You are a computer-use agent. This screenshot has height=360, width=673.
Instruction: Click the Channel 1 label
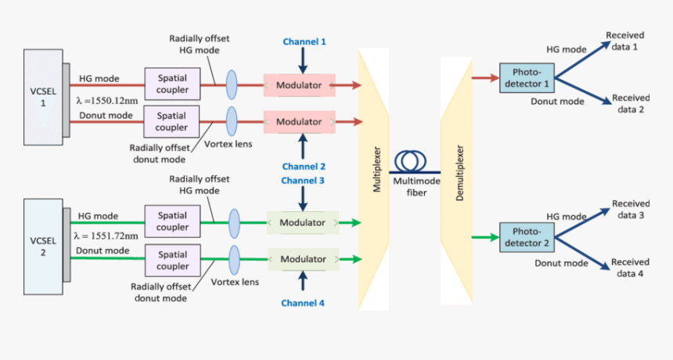point(304,41)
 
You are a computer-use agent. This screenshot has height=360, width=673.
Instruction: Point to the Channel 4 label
point(304,302)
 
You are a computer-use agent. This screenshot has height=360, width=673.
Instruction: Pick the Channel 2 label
point(304,167)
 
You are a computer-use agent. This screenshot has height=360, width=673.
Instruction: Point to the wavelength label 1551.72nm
point(106,236)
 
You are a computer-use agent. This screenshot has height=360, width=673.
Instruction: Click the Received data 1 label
point(624,41)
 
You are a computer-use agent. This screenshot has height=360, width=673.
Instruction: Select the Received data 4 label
point(629,268)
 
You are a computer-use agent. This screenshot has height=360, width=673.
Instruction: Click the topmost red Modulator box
point(299,84)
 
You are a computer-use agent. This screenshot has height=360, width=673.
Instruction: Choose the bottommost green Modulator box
point(303,259)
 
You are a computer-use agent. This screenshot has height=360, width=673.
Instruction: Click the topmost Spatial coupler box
point(171,83)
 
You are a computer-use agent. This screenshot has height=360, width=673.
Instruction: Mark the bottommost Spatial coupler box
point(172,260)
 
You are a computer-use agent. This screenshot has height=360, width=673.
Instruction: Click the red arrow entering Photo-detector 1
point(484,77)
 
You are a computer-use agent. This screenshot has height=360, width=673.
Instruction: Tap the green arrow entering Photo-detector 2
point(484,237)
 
